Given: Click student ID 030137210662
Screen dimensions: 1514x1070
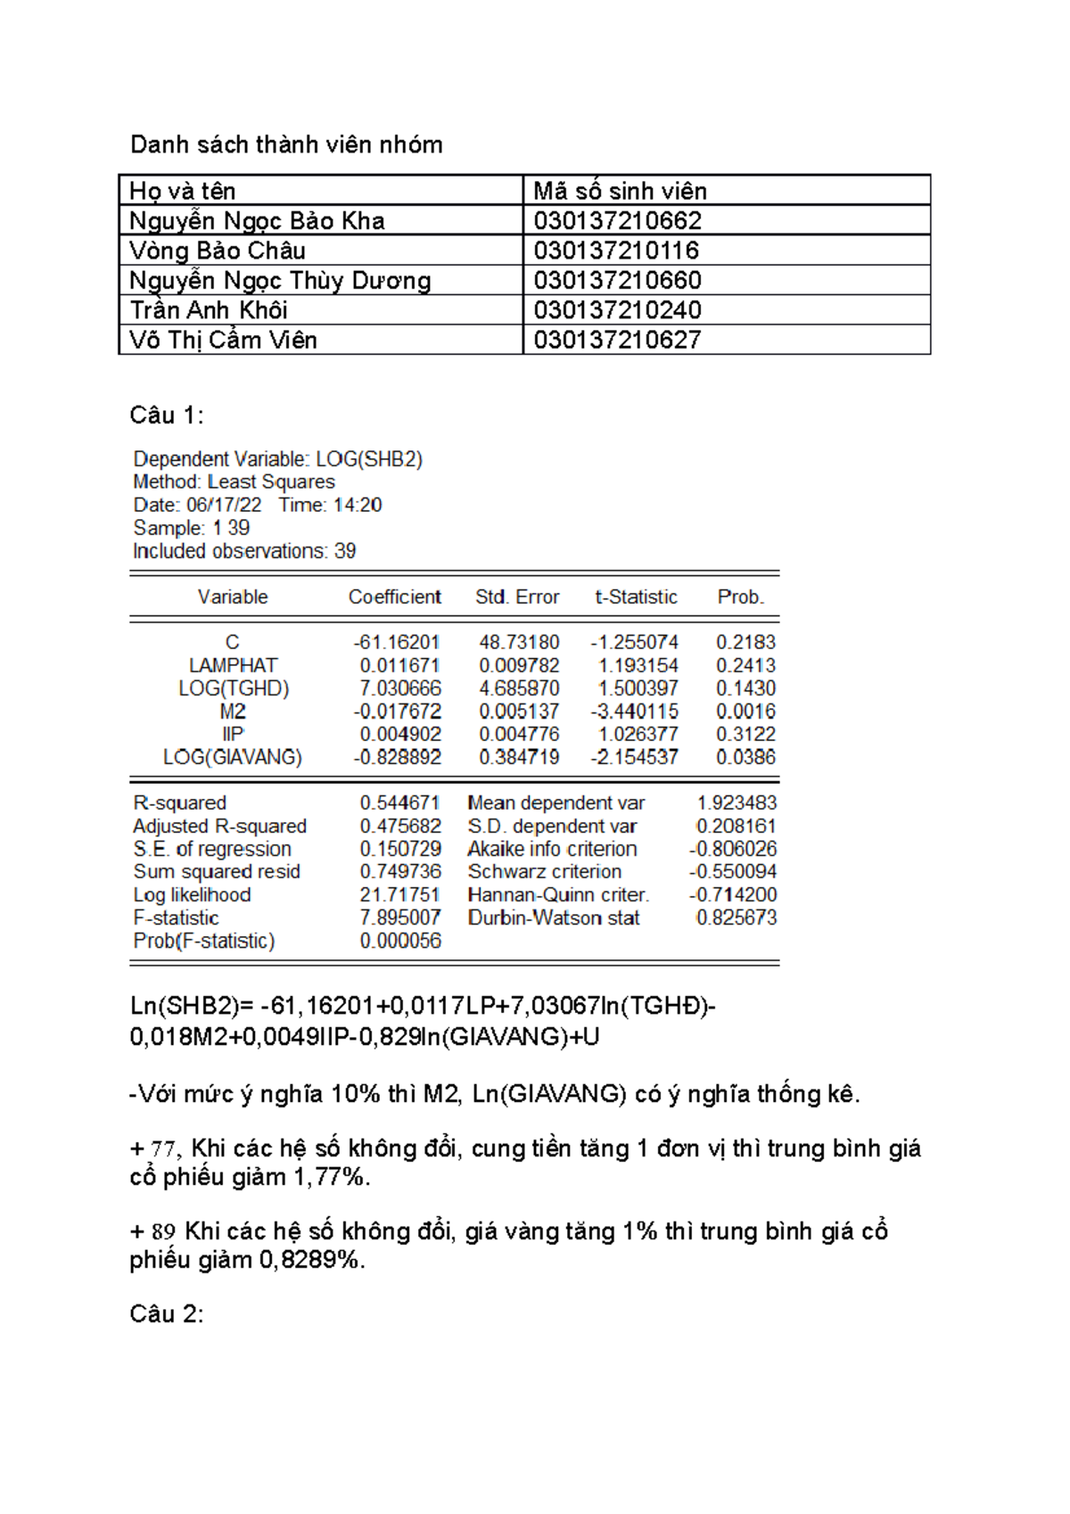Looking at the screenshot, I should [617, 221].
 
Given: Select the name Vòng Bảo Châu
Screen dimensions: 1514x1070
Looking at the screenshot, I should [218, 251].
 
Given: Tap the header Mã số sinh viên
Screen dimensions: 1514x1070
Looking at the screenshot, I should [620, 191].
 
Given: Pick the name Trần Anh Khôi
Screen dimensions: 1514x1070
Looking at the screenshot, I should [209, 310].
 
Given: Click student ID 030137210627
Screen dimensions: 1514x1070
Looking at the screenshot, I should [617, 340].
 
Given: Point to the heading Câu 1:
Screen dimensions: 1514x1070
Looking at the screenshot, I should [167, 416].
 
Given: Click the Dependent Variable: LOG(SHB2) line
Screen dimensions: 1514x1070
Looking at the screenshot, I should [277, 459].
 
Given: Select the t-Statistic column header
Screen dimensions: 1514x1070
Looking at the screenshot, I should [636, 597].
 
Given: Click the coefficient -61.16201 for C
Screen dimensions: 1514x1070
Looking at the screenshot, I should [397, 643].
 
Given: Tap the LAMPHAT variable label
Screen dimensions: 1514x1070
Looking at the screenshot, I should [233, 666].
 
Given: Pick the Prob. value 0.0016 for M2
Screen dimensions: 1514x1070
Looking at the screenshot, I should [745, 712].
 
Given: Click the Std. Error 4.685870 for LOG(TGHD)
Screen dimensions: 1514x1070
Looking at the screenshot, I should [519, 688].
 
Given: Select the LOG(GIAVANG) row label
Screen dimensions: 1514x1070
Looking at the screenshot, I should [233, 757].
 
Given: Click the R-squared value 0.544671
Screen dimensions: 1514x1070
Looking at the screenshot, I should [400, 803].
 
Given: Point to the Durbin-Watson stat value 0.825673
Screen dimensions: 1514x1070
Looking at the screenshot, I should [736, 917].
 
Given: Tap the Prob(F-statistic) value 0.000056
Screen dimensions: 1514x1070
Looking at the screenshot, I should [400, 941].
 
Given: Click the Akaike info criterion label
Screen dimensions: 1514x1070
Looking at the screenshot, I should [552, 849].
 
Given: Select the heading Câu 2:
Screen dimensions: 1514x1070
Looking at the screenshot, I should [167, 1314].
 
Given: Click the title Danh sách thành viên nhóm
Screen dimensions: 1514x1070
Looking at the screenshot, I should [286, 144].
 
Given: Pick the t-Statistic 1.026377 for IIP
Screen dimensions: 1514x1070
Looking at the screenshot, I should [638, 735].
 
